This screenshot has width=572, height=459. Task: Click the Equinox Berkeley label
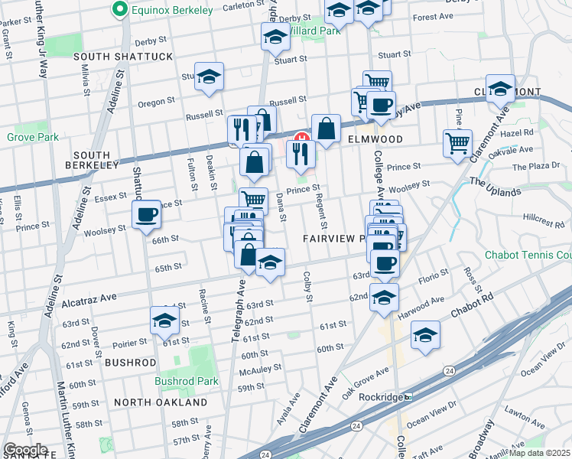click(x=162, y=10)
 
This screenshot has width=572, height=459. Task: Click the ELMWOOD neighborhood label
click(x=375, y=139)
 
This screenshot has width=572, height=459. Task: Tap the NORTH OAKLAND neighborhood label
click(x=161, y=402)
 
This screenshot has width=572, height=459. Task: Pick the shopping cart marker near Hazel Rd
click(x=457, y=142)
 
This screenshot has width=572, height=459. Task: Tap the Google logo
click(x=25, y=450)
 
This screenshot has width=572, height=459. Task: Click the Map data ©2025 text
click(x=539, y=453)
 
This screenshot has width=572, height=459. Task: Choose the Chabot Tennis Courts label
click(x=528, y=255)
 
